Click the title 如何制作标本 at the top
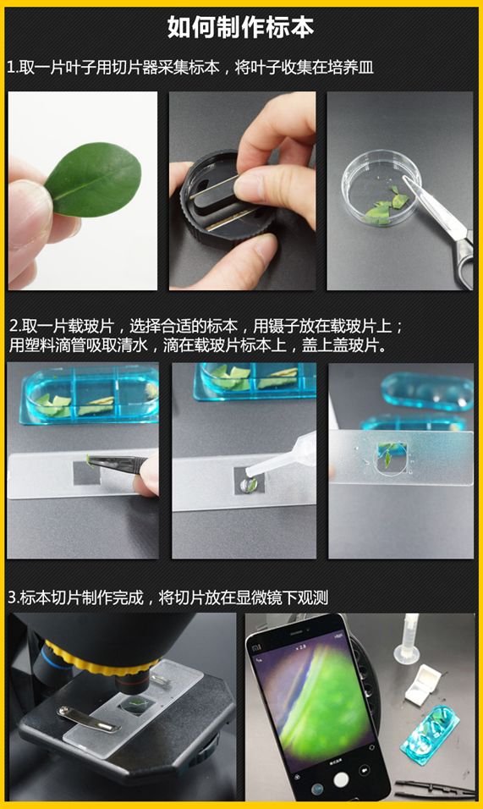click(x=241, y=27)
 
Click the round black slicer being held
click(x=211, y=220)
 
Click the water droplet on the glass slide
click(x=246, y=484)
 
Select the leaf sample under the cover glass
click(x=385, y=458)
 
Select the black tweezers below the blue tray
click(x=440, y=789)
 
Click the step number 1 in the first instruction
click(x=11, y=67)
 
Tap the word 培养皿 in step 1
click(x=354, y=67)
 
